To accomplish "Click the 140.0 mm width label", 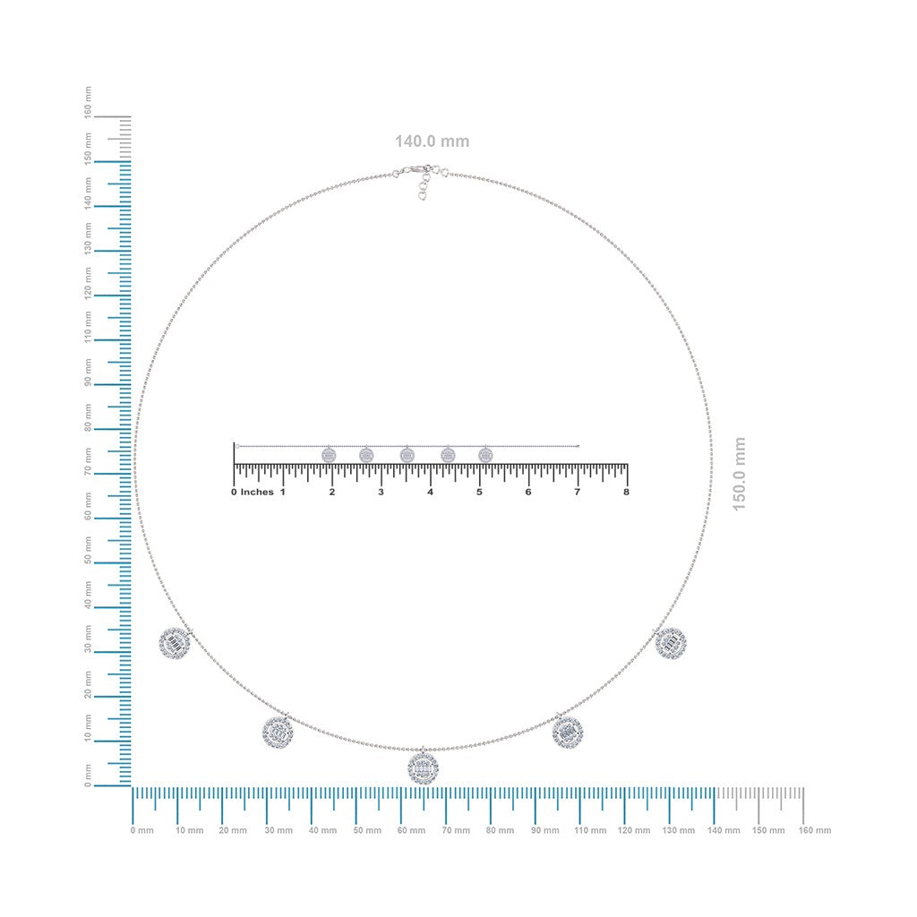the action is point(432,141).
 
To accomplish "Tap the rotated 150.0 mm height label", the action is point(739,474).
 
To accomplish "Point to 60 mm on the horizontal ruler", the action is point(411,830).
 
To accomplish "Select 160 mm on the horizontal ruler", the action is point(815,830).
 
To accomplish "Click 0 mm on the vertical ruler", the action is point(89,776).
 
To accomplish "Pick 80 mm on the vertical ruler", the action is point(89,417).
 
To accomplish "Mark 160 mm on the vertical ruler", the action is point(89,102).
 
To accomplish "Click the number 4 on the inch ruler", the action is point(430,492).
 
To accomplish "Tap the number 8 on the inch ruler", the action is point(626,492).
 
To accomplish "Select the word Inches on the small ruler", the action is point(257,492).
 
